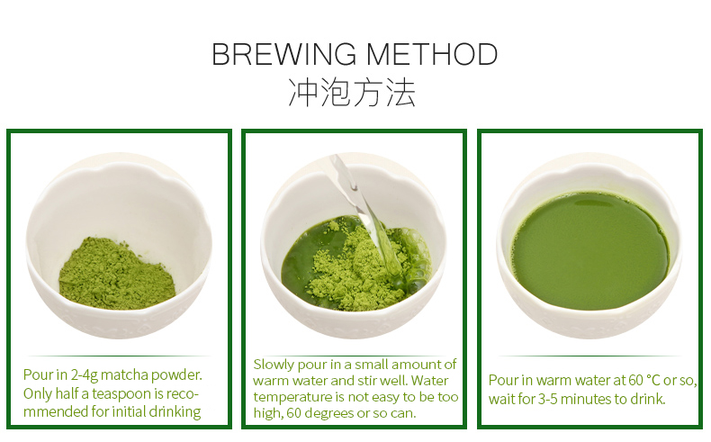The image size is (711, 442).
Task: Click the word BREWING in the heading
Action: (x=284, y=54)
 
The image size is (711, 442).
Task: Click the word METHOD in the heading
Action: (x=432, y=54)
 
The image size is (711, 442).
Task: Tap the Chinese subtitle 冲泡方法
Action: (x=352, y=93)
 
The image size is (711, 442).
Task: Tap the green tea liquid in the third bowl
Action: (x=590, y=250)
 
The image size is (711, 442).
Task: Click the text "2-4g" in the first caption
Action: (x=84, y=375)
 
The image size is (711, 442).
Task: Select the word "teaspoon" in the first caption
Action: (x=123, y=393)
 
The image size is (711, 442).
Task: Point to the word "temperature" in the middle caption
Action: (x=292, y=397)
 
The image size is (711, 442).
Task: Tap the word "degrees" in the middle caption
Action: (x=329, y=413)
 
